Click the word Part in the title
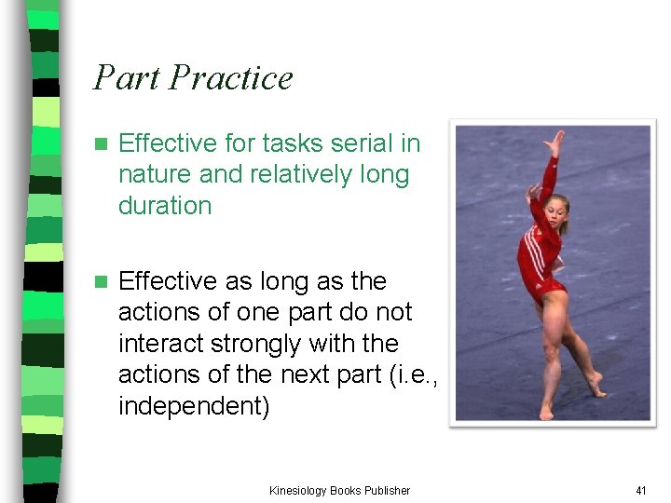125,77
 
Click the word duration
165,205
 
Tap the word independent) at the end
194,406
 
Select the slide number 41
640,490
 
